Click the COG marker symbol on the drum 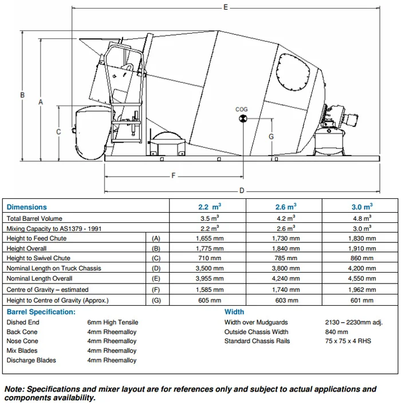pos(242,118)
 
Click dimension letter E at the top pos(226,7)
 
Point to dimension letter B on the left pos(22,95)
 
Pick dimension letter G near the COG pos(271,137)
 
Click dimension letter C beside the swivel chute pos(58,131)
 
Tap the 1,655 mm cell pos(207,238)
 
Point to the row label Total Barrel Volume pos(34,218)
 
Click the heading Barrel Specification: pos(41,312)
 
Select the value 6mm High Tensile pos(112,322)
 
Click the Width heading pos(234,312)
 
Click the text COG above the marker pos(242,109)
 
